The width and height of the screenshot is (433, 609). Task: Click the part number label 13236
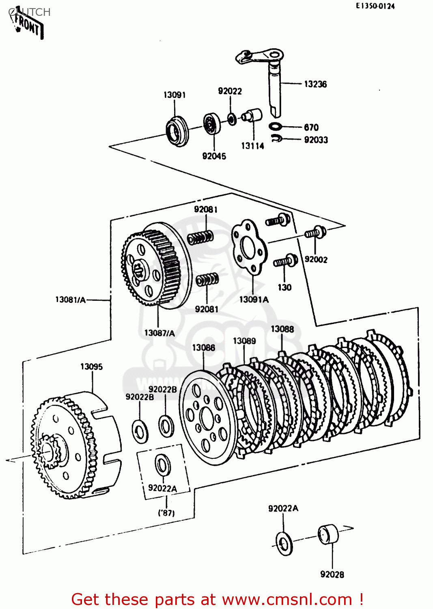coord(315,84)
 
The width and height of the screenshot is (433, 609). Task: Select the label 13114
coord(252,146)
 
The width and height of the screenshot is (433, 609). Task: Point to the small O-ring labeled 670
coord(275,126)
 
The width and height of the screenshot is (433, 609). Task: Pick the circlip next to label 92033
coord(277,138)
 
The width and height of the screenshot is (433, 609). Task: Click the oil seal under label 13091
coord(177,131)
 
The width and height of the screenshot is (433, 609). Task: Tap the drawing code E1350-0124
coord(375,6)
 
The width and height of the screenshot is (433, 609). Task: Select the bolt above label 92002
coord(316,233)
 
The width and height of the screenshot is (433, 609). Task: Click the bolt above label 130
coord(285,261)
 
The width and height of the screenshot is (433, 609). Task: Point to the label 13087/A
coord(159,333)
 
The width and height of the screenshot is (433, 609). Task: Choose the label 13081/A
coord(71,300)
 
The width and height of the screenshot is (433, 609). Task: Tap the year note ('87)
coord(166,512)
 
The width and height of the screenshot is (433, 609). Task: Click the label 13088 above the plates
coord(282,329)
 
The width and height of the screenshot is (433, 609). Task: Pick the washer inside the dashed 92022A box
coord(163,465)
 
